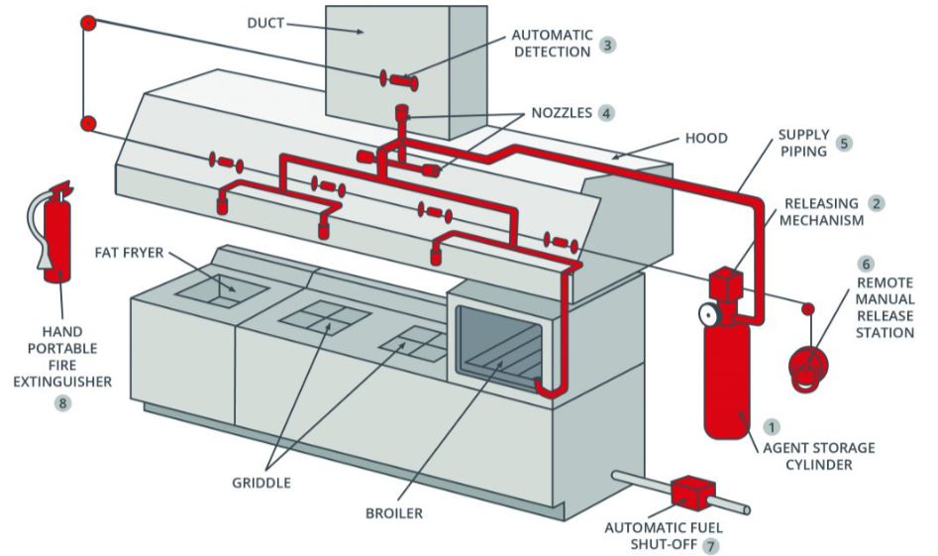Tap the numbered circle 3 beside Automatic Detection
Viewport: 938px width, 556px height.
(x=607, y=45)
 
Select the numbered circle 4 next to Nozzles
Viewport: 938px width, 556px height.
(x=606, y=113)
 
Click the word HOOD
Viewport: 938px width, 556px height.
(x=705, y=139)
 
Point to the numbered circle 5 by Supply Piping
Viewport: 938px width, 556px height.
(x=844, y=143)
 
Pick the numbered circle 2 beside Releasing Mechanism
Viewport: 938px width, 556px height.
(x=876, y=203)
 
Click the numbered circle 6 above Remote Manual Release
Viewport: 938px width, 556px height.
(x=866, y=265)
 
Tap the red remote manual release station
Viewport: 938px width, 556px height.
(x=809, y=364)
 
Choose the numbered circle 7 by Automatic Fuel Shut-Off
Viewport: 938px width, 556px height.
(x=709, y=545)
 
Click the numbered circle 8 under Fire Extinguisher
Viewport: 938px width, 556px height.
(x=63, y=403)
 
